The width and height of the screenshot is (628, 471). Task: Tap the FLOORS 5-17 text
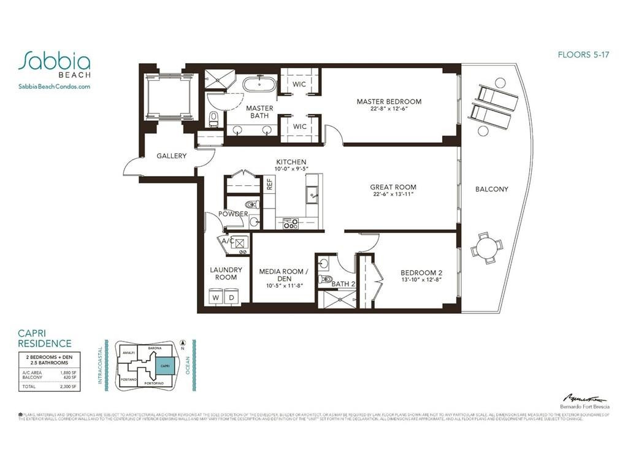[583, 54]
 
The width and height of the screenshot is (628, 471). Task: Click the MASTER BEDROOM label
[389, 102]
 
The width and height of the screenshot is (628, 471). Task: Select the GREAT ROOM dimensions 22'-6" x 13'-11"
[392, 194]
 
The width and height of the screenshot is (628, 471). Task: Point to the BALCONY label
[491, 190]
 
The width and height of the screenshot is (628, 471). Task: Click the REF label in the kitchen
[269, 183]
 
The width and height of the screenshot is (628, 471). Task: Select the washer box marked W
[215, 297]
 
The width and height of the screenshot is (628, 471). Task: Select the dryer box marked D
[232, 297]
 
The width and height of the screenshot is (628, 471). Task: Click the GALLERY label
[171, 156]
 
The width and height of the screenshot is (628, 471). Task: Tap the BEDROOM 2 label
[421, 273]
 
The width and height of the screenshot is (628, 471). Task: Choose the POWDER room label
[233, 214]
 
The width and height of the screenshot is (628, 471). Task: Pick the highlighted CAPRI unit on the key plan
[164, 366]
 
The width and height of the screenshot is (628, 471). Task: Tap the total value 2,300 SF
[68, 387]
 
